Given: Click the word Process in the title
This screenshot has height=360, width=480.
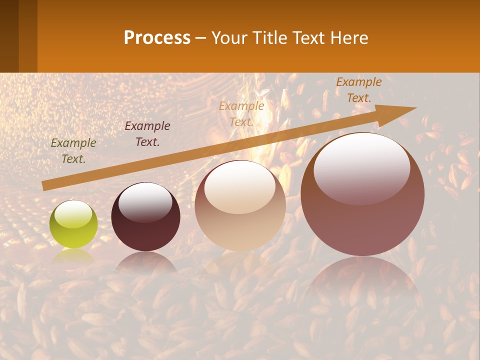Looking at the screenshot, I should coord(157,38).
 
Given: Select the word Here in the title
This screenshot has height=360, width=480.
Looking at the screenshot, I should coord(349,38).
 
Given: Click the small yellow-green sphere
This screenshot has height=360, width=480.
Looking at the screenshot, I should coord(73,224).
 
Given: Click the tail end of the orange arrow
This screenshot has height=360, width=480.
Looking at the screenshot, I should coord(46,185).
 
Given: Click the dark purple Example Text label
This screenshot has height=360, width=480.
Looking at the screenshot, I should coord(147,133).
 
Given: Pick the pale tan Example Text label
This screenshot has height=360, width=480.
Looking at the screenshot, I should coord(241,113).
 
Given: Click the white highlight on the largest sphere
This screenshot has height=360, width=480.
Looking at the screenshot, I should coord(361,168).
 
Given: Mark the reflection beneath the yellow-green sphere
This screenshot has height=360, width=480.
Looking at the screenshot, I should coord(73,256).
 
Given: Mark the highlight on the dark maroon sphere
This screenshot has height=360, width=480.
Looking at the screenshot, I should coord(145,202).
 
